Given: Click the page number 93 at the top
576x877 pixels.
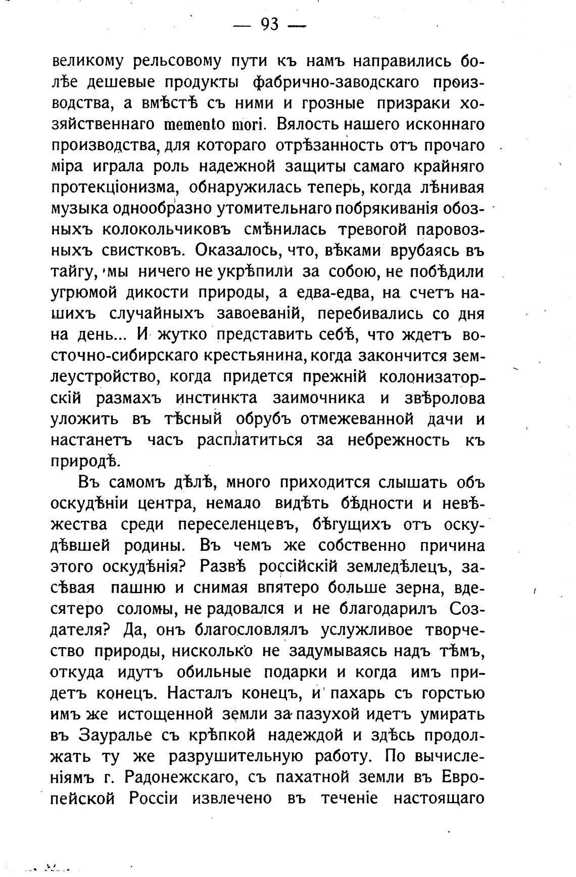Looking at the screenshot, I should point(270,23).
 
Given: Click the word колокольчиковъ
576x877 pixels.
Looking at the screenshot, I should point(166,230).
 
